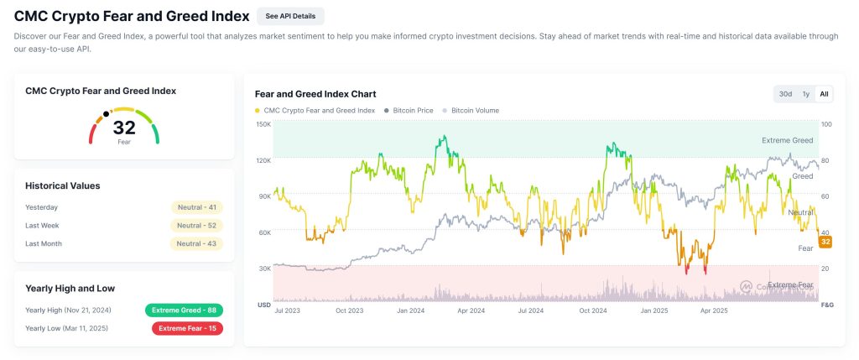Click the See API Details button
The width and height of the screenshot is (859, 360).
[290, 16]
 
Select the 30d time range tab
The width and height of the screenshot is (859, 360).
[785, 94]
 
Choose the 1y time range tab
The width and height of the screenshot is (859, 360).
[806, 94]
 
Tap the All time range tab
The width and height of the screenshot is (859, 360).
[825, 94]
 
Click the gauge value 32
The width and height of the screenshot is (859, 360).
[124, 128]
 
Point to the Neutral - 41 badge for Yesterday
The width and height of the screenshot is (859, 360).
[197, 207]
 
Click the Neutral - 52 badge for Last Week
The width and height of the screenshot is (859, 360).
[197, 226]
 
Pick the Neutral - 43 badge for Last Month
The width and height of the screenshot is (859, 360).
[197, 244]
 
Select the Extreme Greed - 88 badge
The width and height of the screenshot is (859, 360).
[184, 310]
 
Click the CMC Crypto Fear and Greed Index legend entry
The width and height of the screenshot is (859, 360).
[315, 110]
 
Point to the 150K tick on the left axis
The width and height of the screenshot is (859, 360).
[263, 124]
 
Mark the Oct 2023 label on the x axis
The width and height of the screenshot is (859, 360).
[349, 310]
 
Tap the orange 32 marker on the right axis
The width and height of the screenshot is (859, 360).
[825, 242]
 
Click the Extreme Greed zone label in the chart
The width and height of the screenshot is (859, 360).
[787, 140]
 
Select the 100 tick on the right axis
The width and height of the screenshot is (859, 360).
[826, 124]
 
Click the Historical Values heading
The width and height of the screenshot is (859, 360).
[63, 185]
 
